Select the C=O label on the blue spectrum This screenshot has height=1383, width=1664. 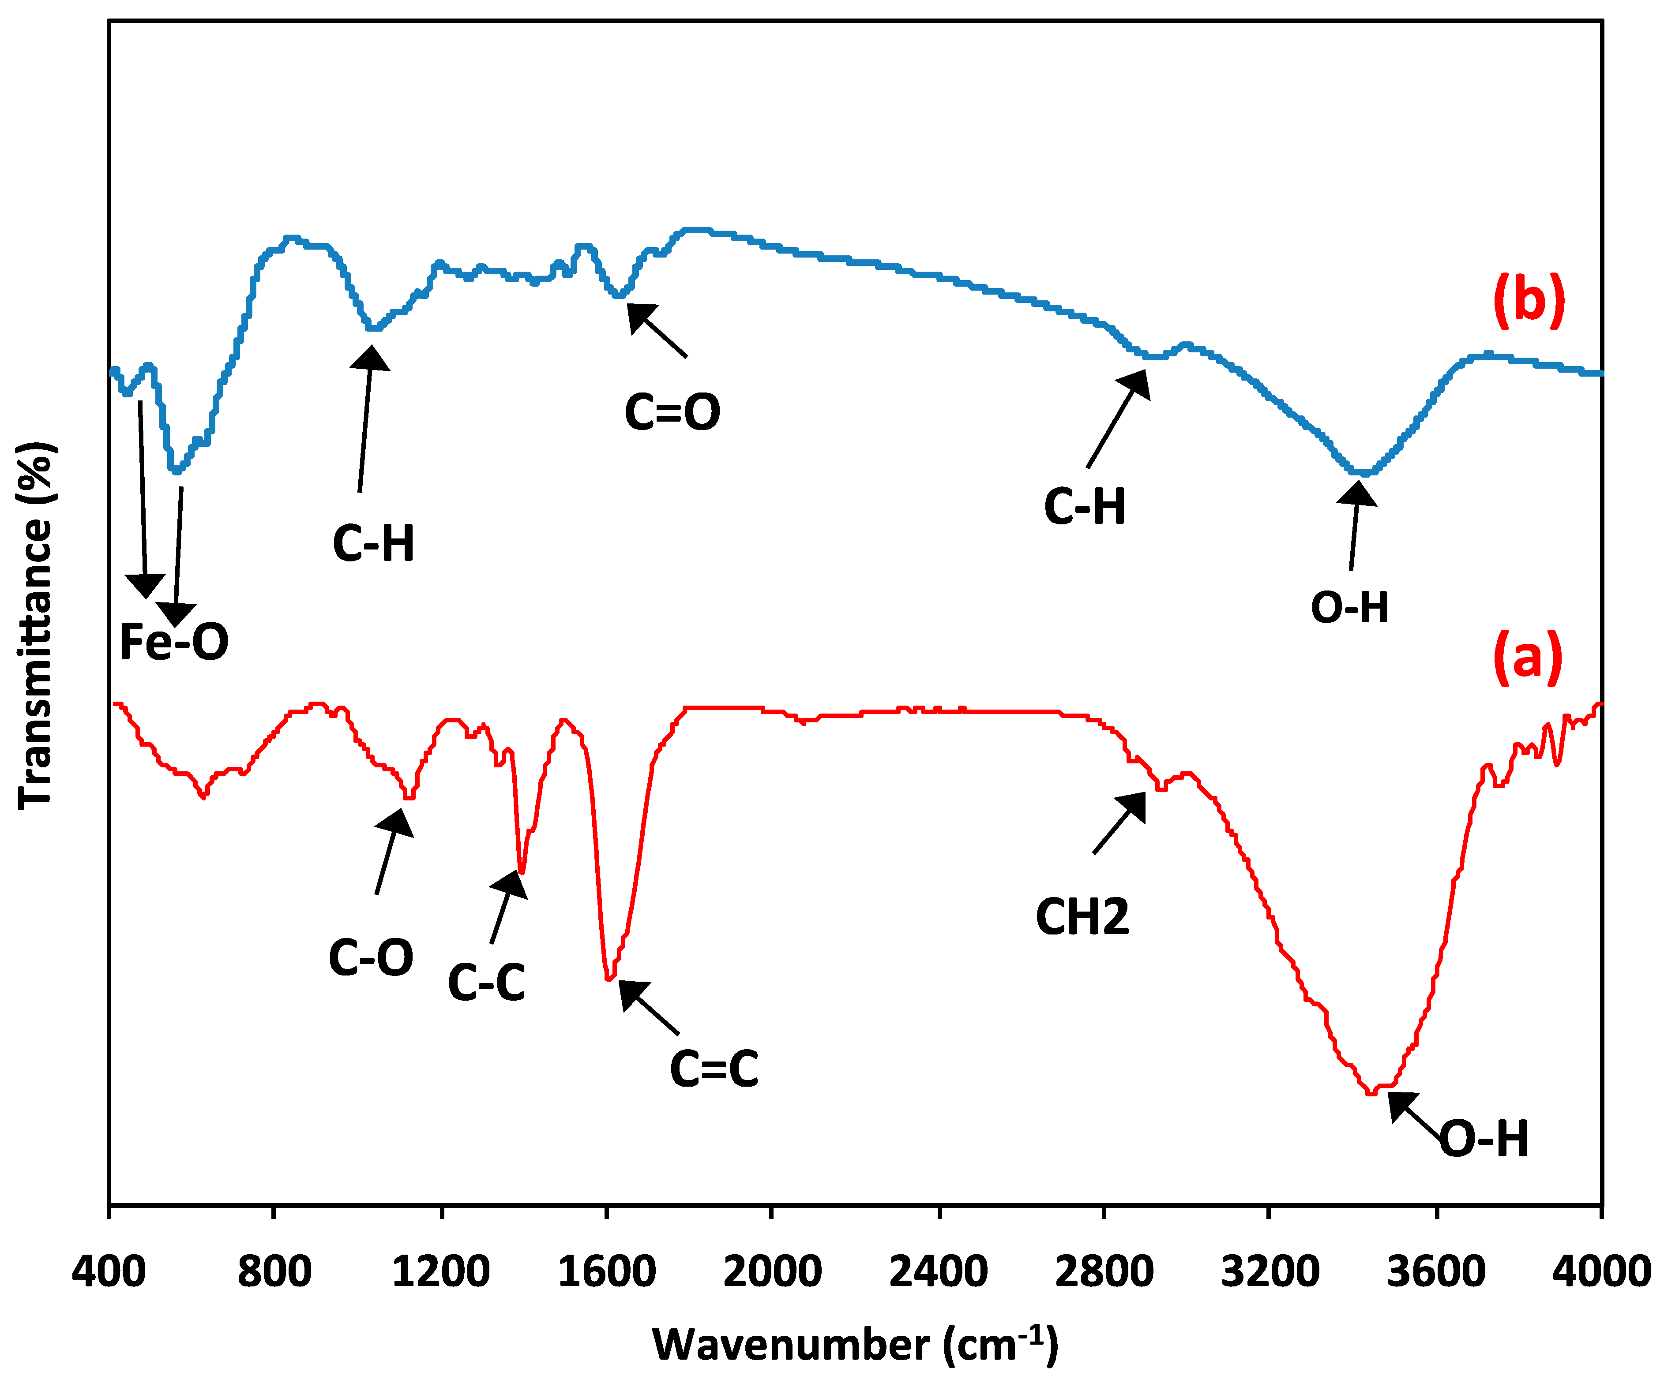pos(672,413)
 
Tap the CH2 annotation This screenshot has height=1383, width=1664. pos(1082,917)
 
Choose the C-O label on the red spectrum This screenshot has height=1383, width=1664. pos(371,957)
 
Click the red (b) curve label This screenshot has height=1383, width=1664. pos(1529,301)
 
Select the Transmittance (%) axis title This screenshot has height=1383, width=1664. pos(36,626)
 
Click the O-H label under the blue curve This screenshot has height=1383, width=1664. pos(1349,608)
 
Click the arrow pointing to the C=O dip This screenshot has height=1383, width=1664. pos(657,330)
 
